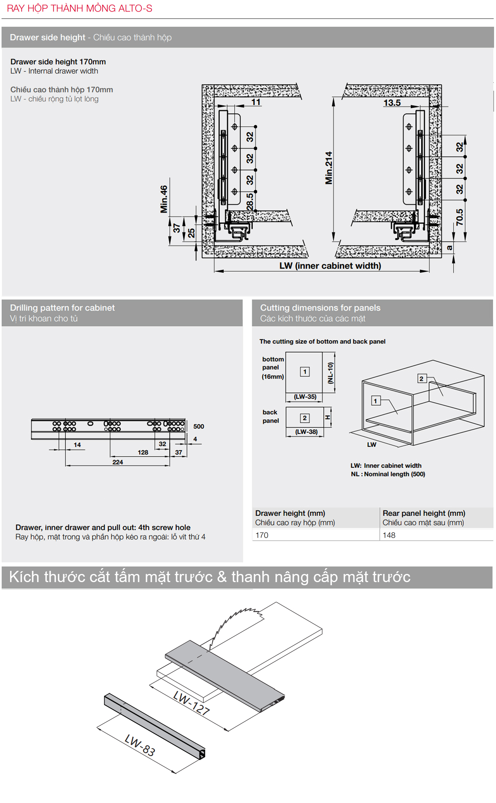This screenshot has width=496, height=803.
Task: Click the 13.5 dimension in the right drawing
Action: coord(392,103)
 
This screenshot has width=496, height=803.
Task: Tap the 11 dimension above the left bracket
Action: coord(256,102)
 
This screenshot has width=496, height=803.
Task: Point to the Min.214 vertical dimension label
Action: coord(329,168)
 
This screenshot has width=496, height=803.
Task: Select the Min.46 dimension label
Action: coord(164,199)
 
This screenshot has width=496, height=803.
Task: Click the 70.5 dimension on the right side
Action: coord(460,217)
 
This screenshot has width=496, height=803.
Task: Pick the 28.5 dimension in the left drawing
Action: coord(250,202)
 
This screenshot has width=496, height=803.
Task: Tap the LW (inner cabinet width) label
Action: coord(330,266)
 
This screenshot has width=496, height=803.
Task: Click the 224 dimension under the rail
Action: coord(118,462)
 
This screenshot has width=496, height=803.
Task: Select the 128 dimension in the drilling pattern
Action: coord(143,452)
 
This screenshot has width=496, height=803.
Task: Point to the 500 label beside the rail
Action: coord(199,426)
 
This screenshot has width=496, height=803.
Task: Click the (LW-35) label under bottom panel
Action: coord(305,396)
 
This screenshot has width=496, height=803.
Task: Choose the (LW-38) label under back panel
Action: coord(306,432)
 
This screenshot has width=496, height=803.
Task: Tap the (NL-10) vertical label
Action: coord(330,373)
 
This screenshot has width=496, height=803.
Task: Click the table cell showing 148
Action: coord(389,535)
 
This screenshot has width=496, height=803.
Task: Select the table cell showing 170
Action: coord(262,535)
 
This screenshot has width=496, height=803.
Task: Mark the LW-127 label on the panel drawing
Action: coord(191,703)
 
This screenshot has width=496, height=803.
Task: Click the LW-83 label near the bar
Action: coord(140,745)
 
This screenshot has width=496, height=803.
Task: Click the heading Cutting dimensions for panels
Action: coord(320,308)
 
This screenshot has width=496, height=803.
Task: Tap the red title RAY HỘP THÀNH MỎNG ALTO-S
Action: coord(80,9)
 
